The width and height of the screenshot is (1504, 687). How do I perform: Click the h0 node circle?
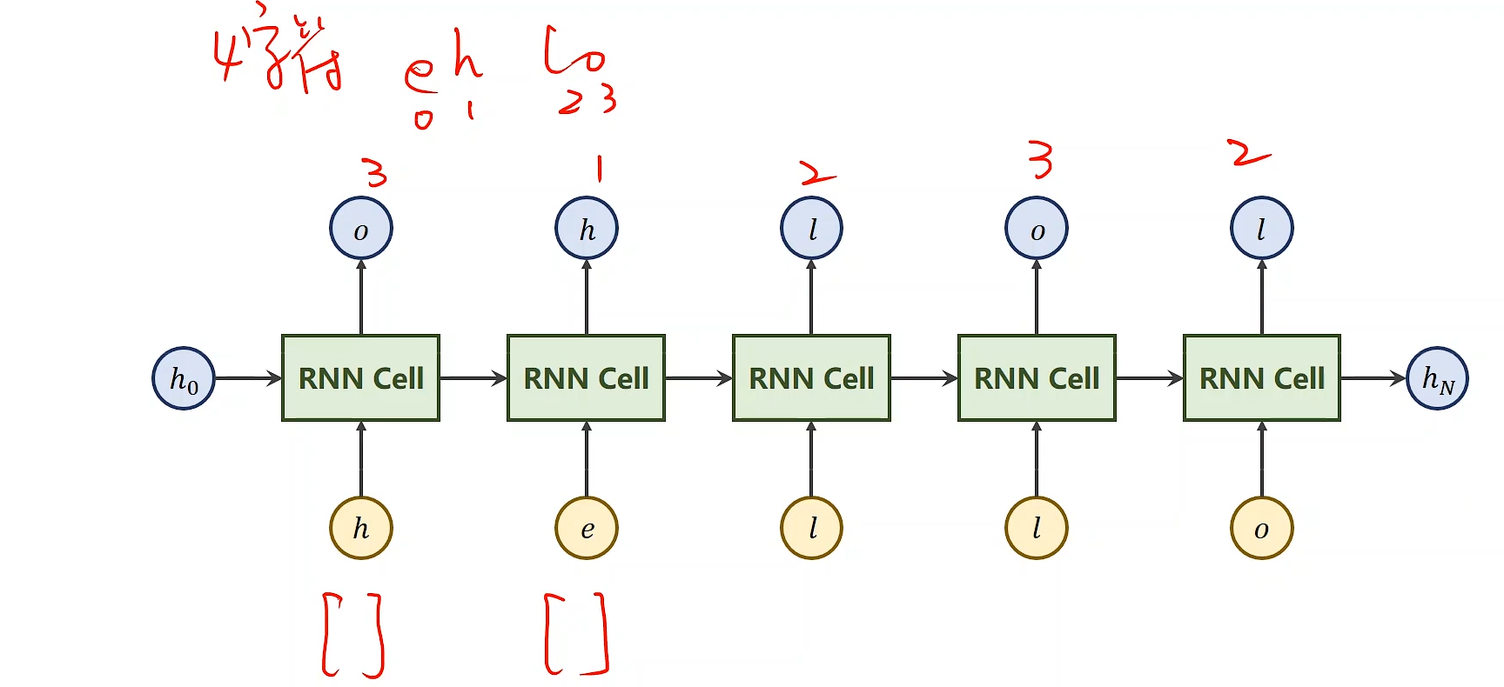pos(184,378)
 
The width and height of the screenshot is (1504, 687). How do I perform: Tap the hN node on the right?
pos(1437,378)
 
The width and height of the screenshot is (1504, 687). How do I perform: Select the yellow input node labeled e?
pos(587,528)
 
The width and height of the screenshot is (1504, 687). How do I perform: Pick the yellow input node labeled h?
pos(361,528)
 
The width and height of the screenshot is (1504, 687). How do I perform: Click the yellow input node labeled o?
pos(1261,528)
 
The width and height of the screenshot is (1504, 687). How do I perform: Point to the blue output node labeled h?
pos(587,229)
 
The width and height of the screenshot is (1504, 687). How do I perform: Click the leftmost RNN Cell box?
pos(360,378)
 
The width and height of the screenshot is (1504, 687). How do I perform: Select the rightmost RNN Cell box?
pos(1261,378)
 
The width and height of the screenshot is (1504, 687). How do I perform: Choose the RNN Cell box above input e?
pos(586,378)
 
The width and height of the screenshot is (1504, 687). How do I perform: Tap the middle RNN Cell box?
pos(811,378)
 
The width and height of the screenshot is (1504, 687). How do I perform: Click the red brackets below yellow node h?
pos(353,635)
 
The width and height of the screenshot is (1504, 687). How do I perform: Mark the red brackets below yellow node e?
pos(576,634)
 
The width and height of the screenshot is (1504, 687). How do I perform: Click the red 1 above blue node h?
pos(599,169)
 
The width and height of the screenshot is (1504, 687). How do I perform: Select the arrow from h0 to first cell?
pos(248,378)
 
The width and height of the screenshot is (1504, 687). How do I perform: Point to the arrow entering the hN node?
pos(1373,378)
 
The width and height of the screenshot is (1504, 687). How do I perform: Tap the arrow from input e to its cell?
pos(587,459)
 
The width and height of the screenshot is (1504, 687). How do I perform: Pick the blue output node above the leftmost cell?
pos(361,229)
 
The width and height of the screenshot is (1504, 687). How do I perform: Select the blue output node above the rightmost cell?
pos(1261,229)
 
